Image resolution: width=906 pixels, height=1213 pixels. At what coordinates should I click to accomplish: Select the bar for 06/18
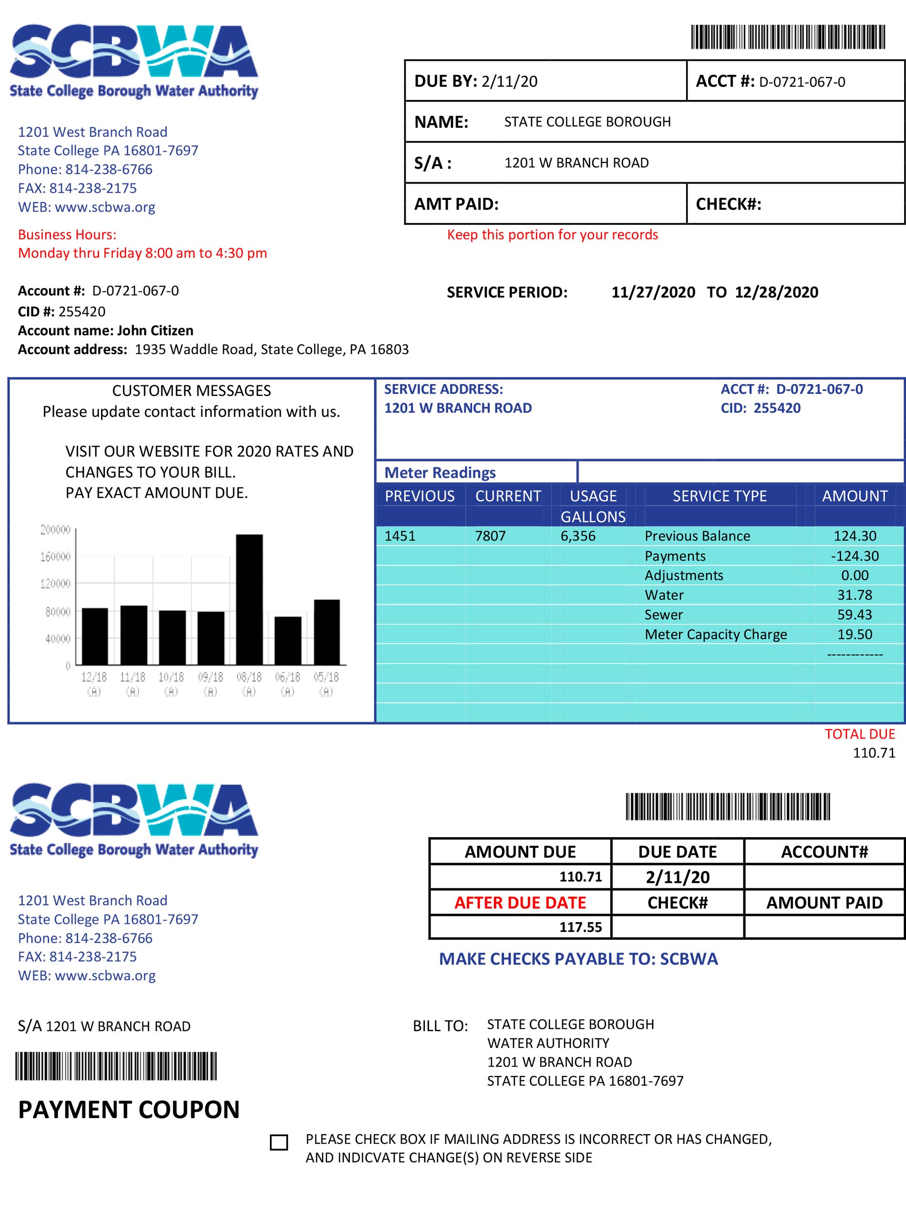click(x=288, y=640)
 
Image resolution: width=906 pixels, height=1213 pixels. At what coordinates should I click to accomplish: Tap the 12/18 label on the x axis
click(x=94, y=677)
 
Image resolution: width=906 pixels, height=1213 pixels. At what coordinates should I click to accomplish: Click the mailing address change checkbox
click(x=279, y=1142)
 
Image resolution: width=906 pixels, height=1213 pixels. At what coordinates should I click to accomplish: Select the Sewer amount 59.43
click(x=855, y=615)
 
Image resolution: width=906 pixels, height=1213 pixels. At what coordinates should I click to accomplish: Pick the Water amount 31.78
click(x=855, y=595)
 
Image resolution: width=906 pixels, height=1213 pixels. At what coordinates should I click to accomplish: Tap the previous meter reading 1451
click(x=400, y=536)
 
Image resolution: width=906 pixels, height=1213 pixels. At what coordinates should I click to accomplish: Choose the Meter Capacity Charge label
click(x=715, y=634)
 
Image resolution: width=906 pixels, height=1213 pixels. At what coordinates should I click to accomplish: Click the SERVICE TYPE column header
click(x=719, y=496)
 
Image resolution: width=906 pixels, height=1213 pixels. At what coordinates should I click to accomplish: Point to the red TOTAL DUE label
click(x=859, y=734)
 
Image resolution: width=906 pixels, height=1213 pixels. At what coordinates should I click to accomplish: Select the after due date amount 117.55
click(x=580, y=927)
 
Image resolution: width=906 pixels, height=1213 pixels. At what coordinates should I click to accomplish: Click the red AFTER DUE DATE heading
click(x=520, y=902)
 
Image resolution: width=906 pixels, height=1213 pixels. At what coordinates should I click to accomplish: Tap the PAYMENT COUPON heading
click(x=129, y=1109)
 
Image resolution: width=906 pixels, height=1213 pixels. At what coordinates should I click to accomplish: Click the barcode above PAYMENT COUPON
click(x=116, y=1066)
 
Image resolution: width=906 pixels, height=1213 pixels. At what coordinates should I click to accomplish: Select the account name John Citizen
click(x=155, y=331)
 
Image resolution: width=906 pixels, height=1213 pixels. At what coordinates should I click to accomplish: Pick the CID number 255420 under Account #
click(x=82, y=311)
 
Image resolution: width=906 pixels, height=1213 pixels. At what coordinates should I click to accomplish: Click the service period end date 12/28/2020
click(x=776, y=292)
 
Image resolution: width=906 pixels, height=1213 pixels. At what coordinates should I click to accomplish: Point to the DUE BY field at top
click(x=476, y=81)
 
